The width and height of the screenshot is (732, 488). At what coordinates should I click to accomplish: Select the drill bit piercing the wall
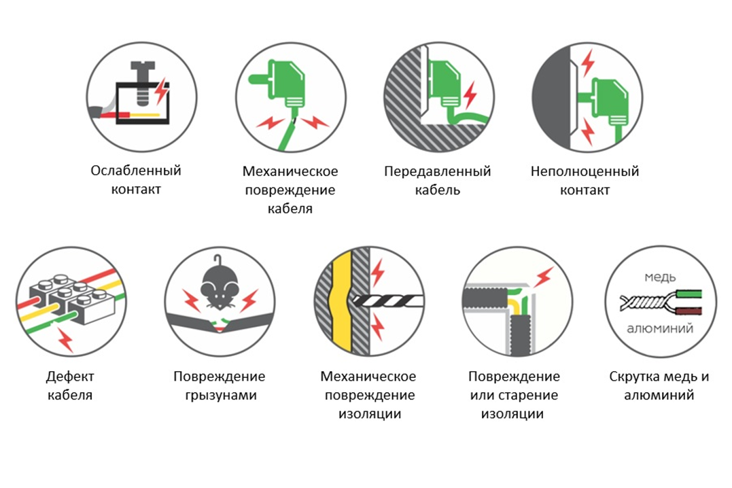click(x=387, y=300)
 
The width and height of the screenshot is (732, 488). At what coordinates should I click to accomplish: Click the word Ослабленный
click(x=136, y=171)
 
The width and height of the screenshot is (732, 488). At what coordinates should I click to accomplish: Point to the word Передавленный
click(x=438, y=171)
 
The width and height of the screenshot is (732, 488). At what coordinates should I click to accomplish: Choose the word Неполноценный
click(x=585, y=171)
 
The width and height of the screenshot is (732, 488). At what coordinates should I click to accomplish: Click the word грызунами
click(x=221, y=396)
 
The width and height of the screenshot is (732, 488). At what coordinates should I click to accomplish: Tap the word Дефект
click(x=70, y=377)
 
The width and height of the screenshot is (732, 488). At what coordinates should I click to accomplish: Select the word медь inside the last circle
click(x=660, y=277)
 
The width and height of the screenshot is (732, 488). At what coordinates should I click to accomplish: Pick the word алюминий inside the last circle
click(x=660, y=329)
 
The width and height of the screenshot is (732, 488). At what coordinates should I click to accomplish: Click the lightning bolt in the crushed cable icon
click(x=470, y=95)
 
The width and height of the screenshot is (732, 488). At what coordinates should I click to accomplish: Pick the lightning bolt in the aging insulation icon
click(x=543, y=277)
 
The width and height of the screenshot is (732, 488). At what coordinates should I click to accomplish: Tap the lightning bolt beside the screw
click(x=161, y=91)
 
